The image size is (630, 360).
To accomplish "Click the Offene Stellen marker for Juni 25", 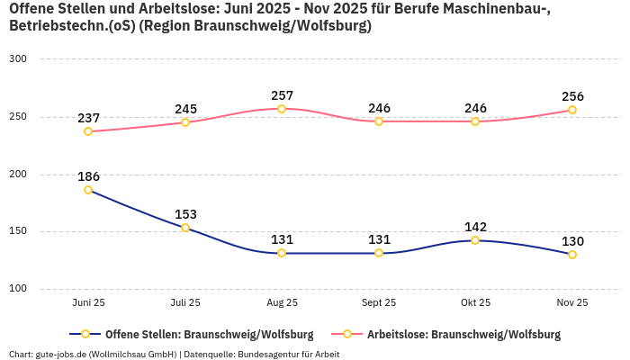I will pyautogui.click(x=88, y=190).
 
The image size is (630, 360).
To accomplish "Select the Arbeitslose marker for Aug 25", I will pyautogui.click(x=282, y=109).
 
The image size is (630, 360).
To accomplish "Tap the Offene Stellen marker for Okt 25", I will pyautogui.click(x=475, y=240).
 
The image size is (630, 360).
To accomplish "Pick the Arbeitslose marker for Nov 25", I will pyautogui.click(x=571, y=110).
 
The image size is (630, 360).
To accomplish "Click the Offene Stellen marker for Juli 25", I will pyautogui.click(x=185, y=228).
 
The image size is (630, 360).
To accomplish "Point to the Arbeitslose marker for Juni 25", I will pyautogui.click(x=88, y=131).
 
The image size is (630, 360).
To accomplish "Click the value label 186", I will pyautogui.click(x=88, y=176).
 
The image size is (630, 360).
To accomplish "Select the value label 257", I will pyautogui.click(x=282, y=95).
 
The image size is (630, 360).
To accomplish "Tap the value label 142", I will pyautogui.click(x=475, y=227).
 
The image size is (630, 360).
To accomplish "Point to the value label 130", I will pyautogui.click(x=572, y=241).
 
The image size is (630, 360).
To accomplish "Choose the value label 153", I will pyautogui.click(x=185, y=214).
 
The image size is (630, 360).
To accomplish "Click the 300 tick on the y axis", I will pyautogui.click(x=18, y=59).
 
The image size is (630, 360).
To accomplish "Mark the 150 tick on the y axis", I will pyautogui.click(x=18, y=231).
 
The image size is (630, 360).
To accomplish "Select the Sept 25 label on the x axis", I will pyautogui.click(x=378, y=303).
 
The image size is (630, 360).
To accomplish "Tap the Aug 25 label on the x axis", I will pyautogui.click(x=282, y=303).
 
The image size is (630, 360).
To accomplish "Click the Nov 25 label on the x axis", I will pyautogui.click(x=571, y=303).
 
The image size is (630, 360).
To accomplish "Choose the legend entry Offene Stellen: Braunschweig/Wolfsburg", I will pyautogui.click(x=193, y=335).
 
